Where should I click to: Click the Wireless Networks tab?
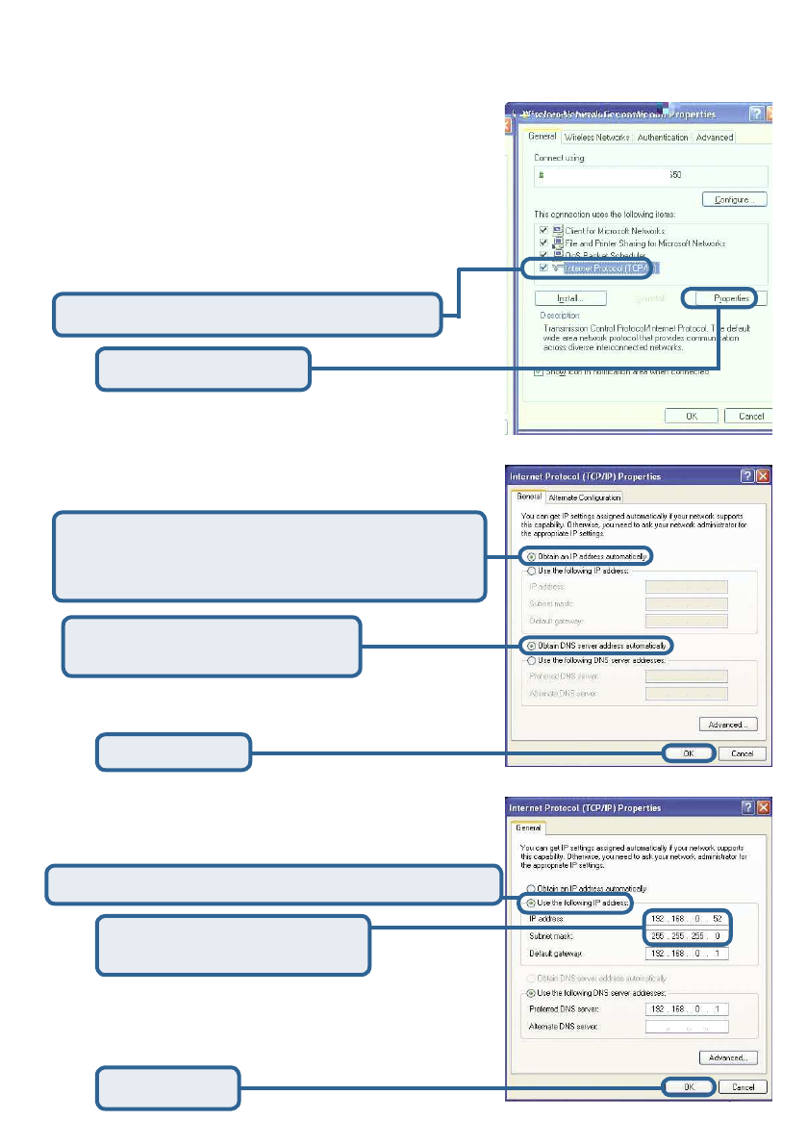pyautogui.click(x=597, y=138)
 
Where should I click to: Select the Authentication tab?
pyautogui.click(x=663, y=138)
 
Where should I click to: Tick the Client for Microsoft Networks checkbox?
pyautogui.click(x=544, y=231)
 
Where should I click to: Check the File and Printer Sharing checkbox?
pyautogui.click(x=544, y=243)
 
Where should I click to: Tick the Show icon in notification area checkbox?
pyautogui.click(x=539, y=371)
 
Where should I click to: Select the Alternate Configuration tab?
pyautogui.click(x=585, y=497)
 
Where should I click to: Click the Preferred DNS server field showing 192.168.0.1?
pyautogui.click(x=687, y=1009)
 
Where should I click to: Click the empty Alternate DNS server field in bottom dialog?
pyautogui.click(x=687, y=1027)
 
